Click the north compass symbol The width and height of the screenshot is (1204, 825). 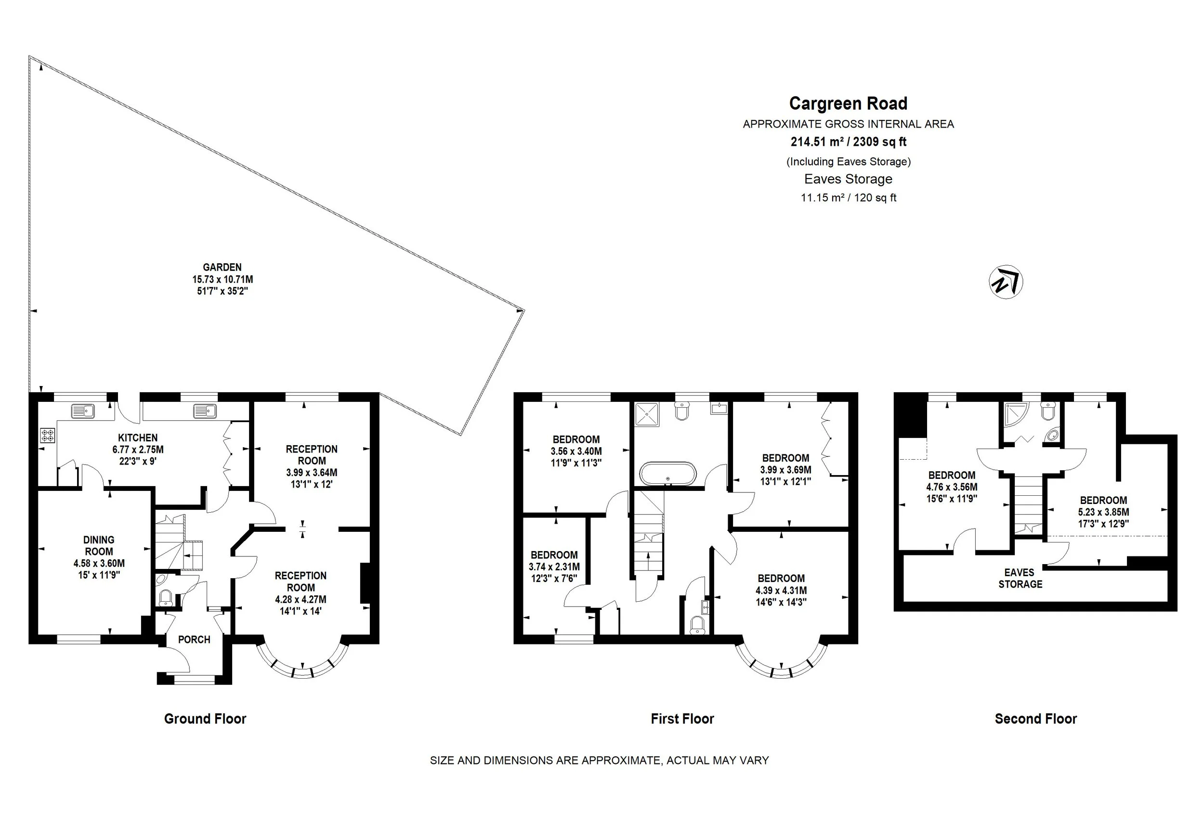point(1006,282)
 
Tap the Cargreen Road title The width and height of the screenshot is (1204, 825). point(848,103)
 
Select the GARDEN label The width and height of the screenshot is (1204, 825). point(222,267)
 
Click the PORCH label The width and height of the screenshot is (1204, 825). point(194,640)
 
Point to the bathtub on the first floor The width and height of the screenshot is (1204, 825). point(668,473)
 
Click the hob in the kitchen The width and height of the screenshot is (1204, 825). point(48,436)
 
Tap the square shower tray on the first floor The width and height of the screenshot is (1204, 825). point(647,415)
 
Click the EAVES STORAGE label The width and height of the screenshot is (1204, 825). point(1020,578)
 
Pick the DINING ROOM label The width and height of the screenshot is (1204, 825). point(99,545)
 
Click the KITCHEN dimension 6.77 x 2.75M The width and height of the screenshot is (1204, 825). point(138,450)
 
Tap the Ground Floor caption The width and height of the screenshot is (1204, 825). point(205,719)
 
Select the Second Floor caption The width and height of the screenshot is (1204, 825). point(1035,719)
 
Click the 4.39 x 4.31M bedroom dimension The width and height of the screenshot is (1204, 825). point(781,591)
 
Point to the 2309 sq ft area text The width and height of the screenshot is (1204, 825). point(880,142)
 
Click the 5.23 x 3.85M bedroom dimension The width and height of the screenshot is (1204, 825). point(1103,512)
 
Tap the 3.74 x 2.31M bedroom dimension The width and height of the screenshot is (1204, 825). point(554,567)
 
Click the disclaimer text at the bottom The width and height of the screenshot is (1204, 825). point(600,761)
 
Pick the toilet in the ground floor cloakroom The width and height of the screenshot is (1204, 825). point(165,598)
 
